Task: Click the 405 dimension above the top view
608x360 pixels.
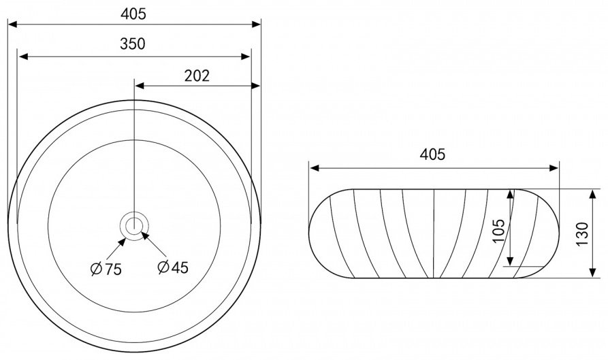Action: coord(133,14)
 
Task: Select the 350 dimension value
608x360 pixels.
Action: coord(133,44)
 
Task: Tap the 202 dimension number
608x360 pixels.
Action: coord(197,76)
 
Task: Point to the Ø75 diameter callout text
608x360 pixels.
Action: coord(106,269)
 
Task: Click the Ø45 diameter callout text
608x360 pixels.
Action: coord(173,267)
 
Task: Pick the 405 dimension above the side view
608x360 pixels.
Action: coord(433,154)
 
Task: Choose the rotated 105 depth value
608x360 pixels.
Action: coord(499,231)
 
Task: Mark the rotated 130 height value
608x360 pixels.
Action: coord(582,233)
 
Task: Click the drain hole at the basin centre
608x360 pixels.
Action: coord(134,225)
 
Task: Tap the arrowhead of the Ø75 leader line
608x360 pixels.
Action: coord(122,242)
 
